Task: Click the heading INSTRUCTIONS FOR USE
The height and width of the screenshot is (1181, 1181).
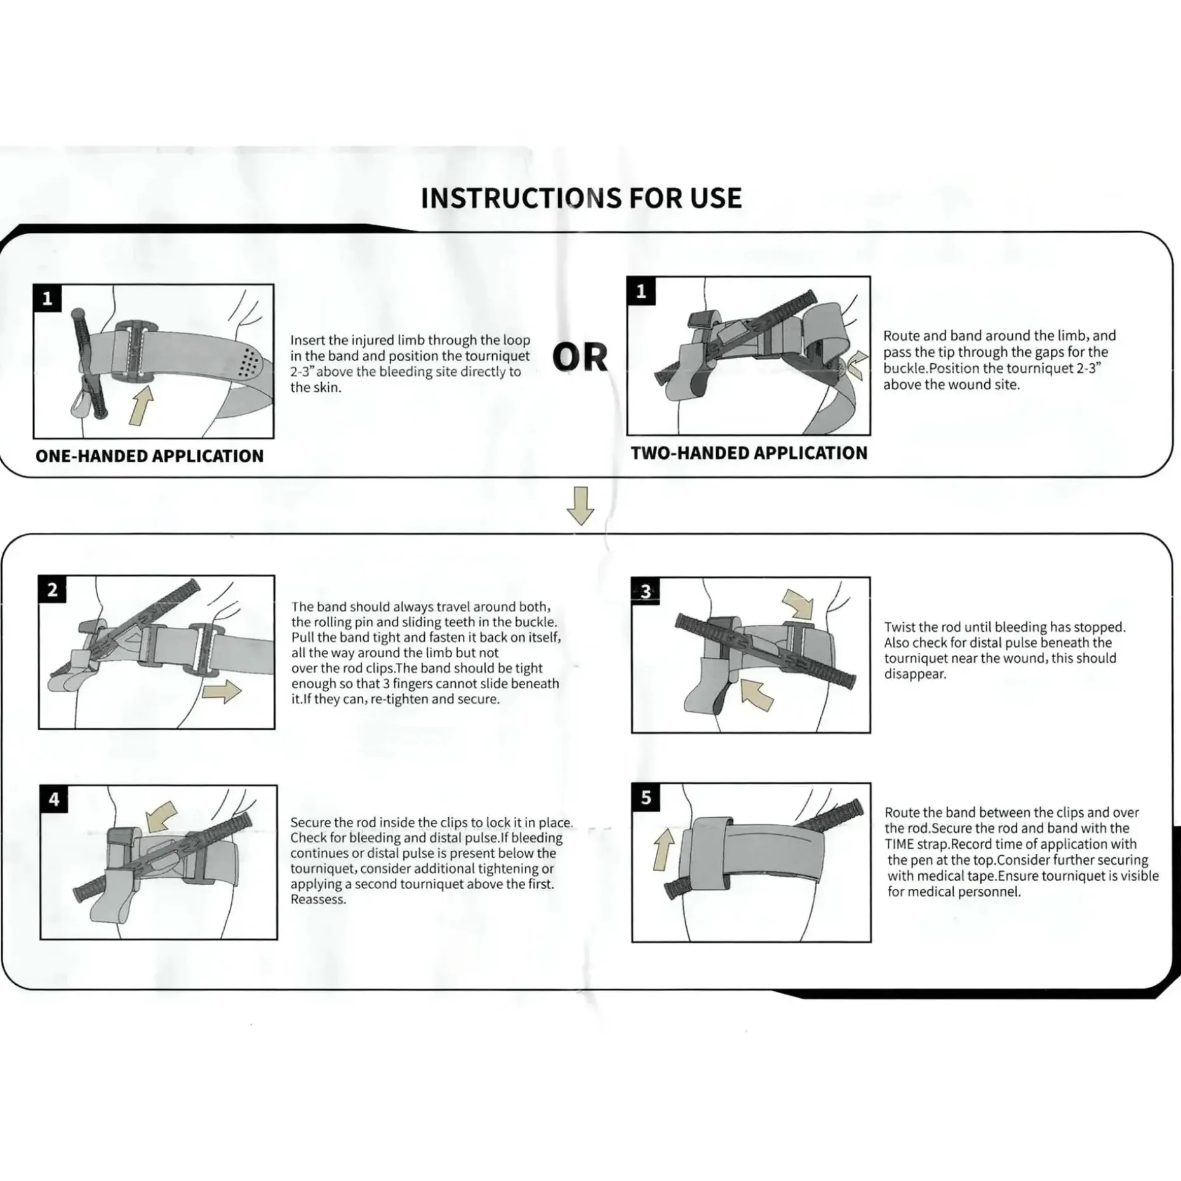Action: [581, 198]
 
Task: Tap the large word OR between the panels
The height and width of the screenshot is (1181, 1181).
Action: [580, 357]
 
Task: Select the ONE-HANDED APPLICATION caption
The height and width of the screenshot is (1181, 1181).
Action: [149, 456]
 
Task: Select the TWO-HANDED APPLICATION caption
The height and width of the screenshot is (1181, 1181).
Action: [749, 453]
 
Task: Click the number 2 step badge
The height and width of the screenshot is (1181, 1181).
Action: [52, 590]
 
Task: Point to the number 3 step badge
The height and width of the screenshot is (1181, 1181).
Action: [646, 592]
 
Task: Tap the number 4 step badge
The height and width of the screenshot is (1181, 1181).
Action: [54, 799]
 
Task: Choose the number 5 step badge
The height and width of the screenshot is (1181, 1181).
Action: [646, 797]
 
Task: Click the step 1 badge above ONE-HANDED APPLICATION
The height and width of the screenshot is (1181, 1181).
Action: [47, 298]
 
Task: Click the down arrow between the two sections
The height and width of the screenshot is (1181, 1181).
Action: [580, 505]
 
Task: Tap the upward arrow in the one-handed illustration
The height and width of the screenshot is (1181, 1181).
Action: [141, 406]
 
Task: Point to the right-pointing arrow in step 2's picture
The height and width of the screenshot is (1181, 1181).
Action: [222, 691]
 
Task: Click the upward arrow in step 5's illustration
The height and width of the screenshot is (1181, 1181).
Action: [664, 849]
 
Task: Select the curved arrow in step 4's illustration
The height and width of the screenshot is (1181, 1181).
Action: [161, 815]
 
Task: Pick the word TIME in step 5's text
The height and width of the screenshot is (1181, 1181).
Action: [899, 844]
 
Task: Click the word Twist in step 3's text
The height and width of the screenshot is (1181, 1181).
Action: [902, 627]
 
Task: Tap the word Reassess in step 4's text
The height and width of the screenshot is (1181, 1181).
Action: [318, 899]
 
